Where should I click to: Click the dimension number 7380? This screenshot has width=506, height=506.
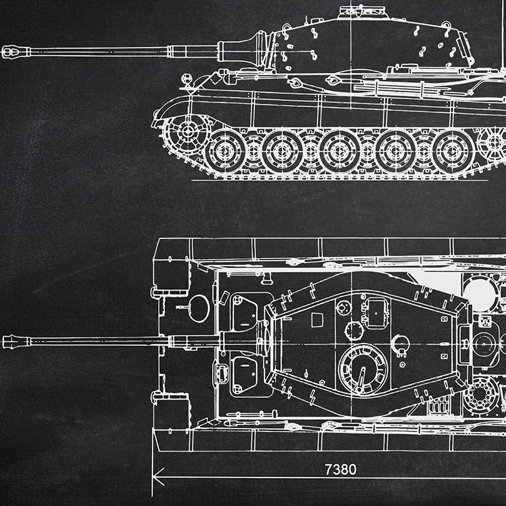340,470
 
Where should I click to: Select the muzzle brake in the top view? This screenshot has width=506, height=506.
16,342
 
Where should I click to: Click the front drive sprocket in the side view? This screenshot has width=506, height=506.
187,132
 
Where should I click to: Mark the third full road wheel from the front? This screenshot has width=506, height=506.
340,152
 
